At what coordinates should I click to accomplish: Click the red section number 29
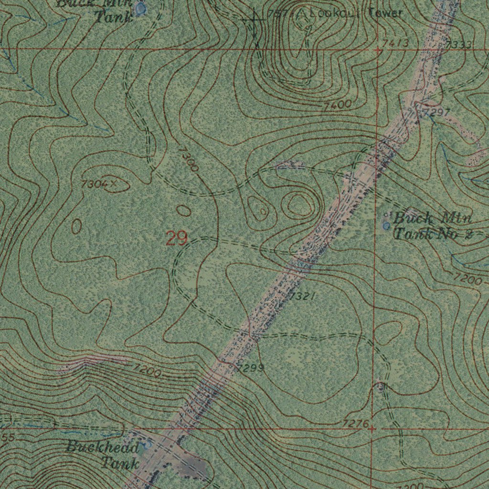176,238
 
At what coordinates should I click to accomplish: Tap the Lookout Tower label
355,13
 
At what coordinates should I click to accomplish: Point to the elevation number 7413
396,43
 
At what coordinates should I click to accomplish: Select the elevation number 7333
459,44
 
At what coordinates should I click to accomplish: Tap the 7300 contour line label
188,159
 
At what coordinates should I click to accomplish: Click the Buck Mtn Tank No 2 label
432,226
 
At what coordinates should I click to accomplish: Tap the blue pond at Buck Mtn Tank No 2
386,224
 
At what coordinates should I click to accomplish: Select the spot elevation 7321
302,297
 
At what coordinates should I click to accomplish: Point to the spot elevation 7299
250,368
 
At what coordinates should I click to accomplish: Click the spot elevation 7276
355,424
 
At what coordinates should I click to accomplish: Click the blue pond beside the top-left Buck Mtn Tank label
140,8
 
